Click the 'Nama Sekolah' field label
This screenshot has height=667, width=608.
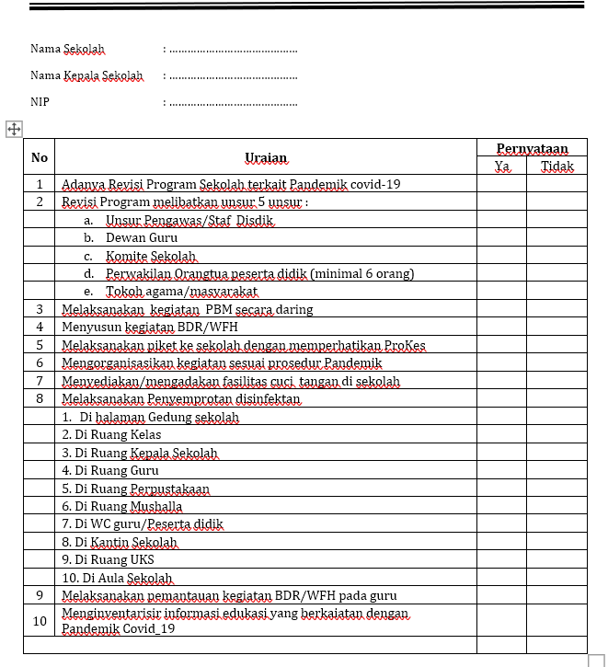pos(67,49)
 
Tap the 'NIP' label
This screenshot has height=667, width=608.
pos(40,102)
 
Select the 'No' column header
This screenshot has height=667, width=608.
pos(40,157)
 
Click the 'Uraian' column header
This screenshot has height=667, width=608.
pos(266,157)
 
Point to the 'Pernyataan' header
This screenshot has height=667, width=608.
pos(532,148)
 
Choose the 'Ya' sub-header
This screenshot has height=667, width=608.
pos(502,167)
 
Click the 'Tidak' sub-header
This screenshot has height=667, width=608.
pos(556,167)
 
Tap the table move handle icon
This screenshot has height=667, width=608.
pos(14,130)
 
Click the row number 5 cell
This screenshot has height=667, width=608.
pos(40,345)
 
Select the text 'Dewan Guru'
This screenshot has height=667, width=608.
pos(142,237)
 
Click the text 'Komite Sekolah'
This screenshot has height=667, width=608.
pos(151,256)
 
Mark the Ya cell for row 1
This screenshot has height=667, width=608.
pos(502,184)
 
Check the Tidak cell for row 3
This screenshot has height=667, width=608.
pos(556,309)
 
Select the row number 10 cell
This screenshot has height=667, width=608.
pos(40,621)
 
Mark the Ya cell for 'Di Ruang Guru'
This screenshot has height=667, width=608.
pos(502,470)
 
